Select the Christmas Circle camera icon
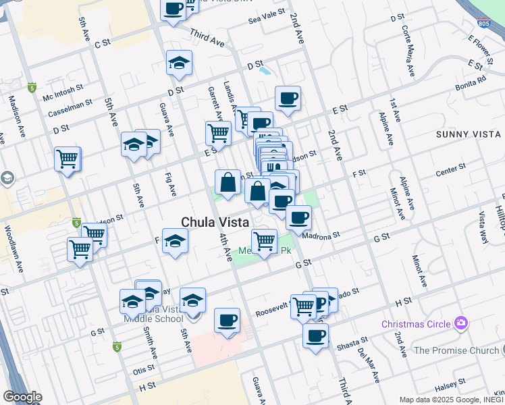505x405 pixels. coord(462,323)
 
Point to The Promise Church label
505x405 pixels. coord(456,350)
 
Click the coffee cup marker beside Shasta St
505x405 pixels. coord(315,336)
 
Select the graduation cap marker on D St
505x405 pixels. coord(178,63)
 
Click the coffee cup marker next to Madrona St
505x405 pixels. coord(298,217)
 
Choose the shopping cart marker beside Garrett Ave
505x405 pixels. coord(218,133)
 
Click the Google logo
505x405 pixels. coord(22,397)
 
